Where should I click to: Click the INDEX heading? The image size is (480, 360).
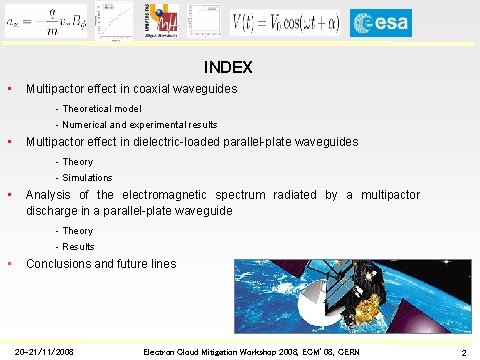coord(228,68)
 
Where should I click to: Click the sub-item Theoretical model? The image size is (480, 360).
coord(105,108)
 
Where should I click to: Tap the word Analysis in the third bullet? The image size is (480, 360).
coord(49,195)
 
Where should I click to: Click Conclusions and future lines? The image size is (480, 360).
coord(101,264)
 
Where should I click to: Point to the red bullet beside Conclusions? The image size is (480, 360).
coord(9,264)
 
